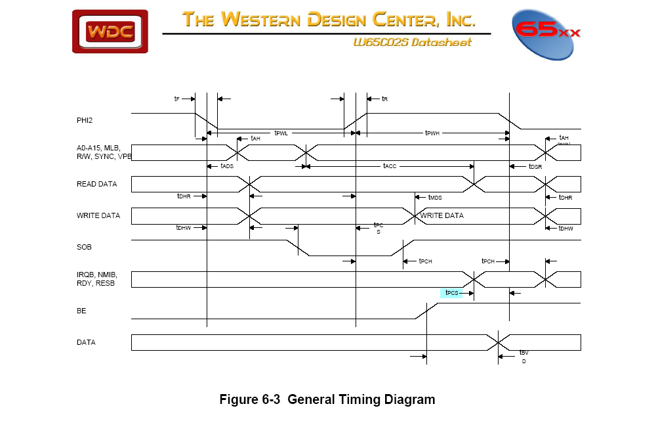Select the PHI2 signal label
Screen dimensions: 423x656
85,120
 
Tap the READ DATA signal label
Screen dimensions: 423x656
96,184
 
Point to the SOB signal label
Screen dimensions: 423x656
85,247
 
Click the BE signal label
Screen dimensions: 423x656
81,311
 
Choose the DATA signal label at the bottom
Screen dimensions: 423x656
86,342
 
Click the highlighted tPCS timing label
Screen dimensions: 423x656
451,293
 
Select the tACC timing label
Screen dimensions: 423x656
390,167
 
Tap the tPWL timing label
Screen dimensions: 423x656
281,133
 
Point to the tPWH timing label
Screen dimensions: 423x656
432,133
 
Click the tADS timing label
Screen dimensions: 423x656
227,167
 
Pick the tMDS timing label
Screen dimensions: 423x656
435,197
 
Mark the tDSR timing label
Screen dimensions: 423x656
535,167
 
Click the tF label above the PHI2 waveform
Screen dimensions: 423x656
176,99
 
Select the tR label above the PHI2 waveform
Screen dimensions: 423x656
385,99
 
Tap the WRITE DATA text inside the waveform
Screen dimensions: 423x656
441,215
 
